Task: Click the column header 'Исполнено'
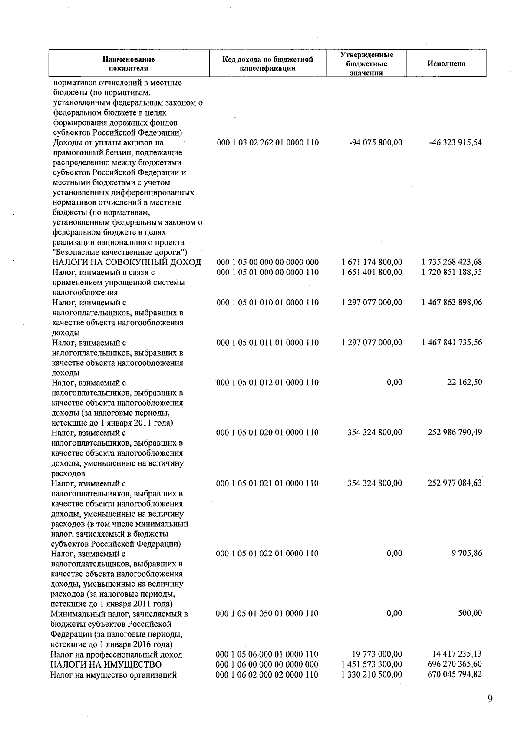[446, 63]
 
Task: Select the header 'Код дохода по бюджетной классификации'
[267, 63]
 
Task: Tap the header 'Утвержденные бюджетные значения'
[366, 63]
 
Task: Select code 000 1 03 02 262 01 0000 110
[267, 142]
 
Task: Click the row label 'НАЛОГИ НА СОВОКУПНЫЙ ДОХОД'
[127, 262]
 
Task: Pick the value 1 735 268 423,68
[452, 262]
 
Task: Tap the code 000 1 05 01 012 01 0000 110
[267, 383]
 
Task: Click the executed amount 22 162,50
[465, 383]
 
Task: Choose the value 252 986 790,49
[455, 433]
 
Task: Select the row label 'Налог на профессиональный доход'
[116, 654]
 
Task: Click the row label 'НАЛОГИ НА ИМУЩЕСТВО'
[106, 664]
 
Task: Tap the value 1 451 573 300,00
[372, 664]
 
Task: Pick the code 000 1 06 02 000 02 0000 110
[267, 674]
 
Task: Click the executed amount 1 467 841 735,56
[452, 343]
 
